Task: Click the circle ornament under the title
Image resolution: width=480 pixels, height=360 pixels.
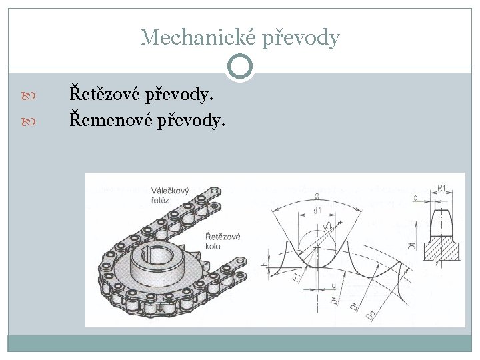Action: click(240, 66)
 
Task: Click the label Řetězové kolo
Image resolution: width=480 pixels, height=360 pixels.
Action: click(222, 241)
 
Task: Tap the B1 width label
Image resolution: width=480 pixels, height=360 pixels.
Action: click(442, 189)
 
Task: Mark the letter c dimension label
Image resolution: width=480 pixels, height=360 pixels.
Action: click(415, 197)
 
